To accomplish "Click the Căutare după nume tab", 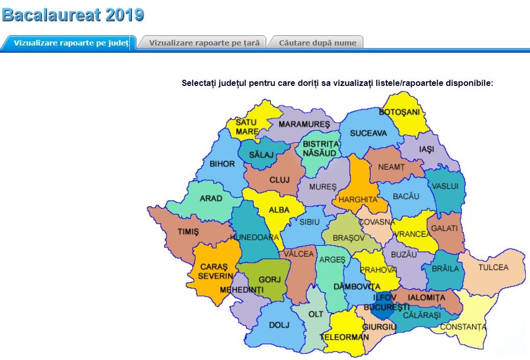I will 317,43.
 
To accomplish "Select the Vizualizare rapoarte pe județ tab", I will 71,43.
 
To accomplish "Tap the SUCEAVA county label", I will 368,133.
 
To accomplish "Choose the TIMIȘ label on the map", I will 188,231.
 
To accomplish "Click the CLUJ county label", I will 279,180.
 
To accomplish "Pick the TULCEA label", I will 493,267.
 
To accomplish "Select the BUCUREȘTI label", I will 391,307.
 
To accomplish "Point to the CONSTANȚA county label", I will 463,326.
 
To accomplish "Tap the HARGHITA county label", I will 357,199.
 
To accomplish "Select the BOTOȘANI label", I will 399,112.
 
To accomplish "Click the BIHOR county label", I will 222,164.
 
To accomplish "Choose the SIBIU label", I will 309,222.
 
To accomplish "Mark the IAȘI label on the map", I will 426,150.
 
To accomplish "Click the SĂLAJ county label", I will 261,154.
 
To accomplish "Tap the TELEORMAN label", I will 344,337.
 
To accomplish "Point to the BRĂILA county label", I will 446,268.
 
